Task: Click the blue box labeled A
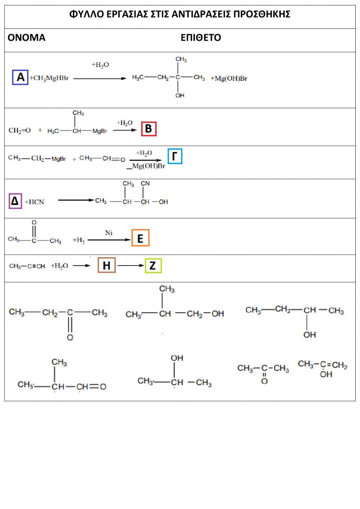(20, 77)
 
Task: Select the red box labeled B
(149, 129)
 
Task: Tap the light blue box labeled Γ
(175, 156)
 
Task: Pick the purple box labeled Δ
(15, 201)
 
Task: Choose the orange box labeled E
(140, 238)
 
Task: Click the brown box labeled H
(107, 265)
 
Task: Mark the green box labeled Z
(153, 266)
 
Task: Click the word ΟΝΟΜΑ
(26, 37)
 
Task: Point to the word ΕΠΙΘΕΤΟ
(201, 37)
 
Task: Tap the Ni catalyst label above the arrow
(109, 233)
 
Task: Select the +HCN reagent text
(35, 202)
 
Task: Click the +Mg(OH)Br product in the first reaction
(229, 78)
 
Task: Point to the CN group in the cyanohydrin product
(145, 183)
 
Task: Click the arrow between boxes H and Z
(130, 266)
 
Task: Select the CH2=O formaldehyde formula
(19, 130)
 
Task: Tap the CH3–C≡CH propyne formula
(27, 266)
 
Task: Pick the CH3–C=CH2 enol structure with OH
(323, 369)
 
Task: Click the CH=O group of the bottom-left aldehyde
(91, 387)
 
